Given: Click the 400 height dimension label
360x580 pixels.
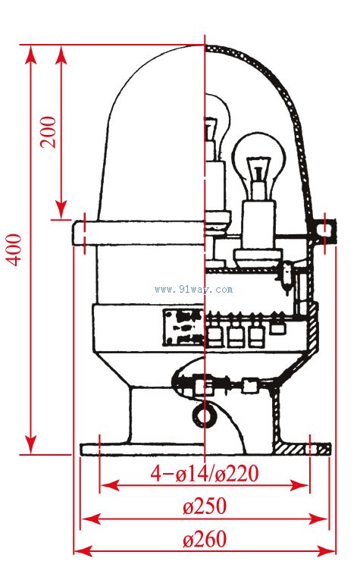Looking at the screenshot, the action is tap(15, 249).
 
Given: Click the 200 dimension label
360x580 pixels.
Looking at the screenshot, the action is tap(49, 132).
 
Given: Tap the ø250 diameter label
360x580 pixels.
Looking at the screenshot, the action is tap(205, 506).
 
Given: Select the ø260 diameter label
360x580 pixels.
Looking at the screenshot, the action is tap(205, 539).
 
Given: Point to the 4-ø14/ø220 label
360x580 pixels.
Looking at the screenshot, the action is tap(205, 473).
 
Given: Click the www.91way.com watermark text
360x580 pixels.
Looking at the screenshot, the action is tap(194, 289).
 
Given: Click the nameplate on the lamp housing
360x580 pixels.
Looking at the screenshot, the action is tap(183, 328).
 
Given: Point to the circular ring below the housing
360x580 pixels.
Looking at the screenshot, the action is tap(204, 416).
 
